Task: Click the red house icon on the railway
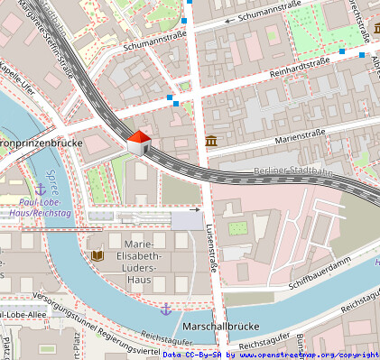point(138,143)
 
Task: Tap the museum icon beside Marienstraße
point(211,142)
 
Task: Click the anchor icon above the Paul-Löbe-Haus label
point(40,189)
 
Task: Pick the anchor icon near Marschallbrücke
point(165,309)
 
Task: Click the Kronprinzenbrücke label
point(42,143)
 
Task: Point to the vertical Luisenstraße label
point(212,247)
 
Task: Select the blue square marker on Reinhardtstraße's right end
point(341,52)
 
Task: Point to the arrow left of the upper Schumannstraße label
point(228,19)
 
